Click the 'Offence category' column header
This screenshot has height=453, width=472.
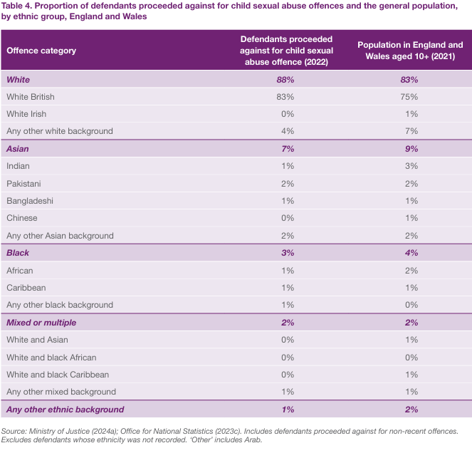click(x=41, y=51)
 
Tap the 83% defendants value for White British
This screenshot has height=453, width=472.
click(x=285, y=97)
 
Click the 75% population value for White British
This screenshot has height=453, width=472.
click(x=409, y=97)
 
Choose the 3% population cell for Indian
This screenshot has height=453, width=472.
click(x=409, y=166)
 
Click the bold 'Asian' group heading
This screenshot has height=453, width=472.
click(x=18, y=149)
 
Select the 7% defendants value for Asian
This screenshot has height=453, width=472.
click(x=285, y=149)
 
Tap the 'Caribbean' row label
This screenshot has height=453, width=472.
click(x=26, y=288)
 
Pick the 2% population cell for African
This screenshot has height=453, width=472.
click(x=409, y=271)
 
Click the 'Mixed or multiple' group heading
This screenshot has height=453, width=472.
click(x=41, y=323)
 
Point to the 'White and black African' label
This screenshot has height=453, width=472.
click(x=51, y=358)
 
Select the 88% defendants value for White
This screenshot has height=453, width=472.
click(x=285, y=80)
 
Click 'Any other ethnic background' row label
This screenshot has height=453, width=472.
click(x=65, y=410)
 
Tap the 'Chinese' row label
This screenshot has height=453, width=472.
click(x=22, y=218)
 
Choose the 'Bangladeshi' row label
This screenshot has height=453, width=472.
click(x=30, y=201)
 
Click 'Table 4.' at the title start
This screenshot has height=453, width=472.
click(x=16, y=6)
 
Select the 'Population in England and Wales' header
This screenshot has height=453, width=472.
click(x=409, y=51)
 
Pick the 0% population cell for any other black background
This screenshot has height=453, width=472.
click(x=409, y=305)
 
